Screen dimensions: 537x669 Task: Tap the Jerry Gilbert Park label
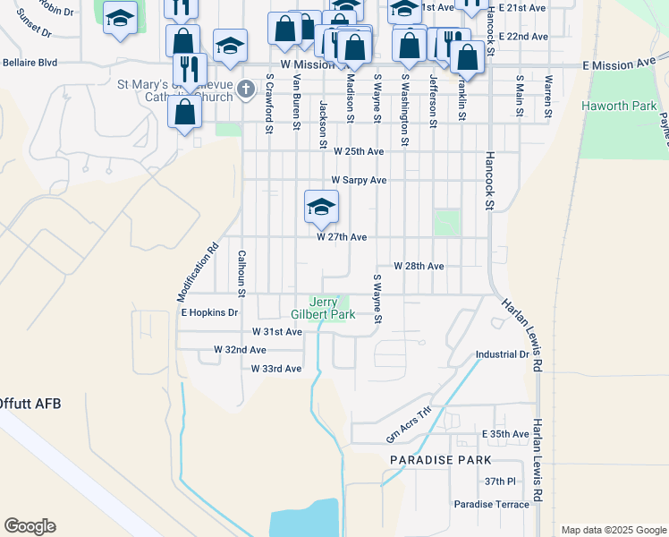[323, 308]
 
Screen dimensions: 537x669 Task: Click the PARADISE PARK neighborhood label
[441, 460]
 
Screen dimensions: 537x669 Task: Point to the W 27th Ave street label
[342, 237]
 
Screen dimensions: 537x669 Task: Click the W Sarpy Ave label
[359, 180]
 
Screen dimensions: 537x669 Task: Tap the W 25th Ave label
[359, 152]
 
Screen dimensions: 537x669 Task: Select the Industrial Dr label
[503, 354]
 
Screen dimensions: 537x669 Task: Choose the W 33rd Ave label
[276, 369]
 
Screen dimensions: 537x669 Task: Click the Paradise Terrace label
[491, 505]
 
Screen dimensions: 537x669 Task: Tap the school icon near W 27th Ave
[321, 208]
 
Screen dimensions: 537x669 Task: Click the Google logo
[30, 526]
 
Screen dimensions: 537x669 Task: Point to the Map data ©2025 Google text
[613, 530]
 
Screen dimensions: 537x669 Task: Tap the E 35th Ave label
[506, 434]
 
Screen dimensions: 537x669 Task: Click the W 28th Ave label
[419, 267]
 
